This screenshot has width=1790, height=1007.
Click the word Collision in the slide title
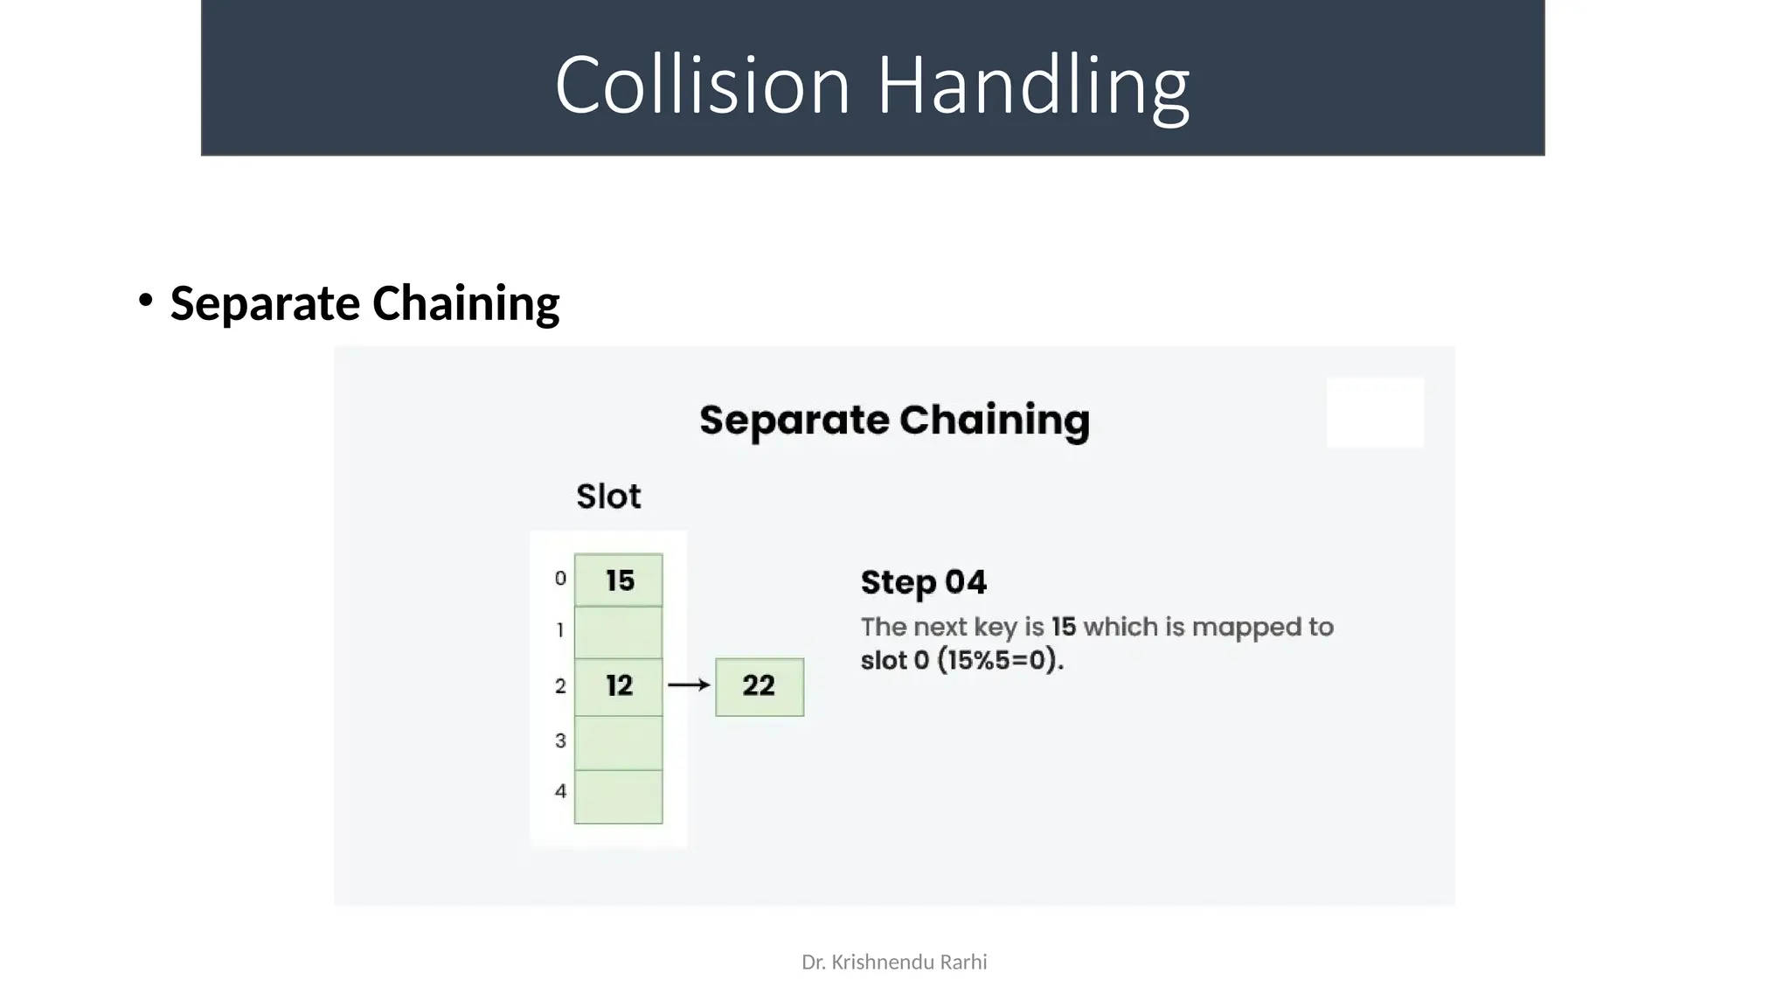coord(702,85)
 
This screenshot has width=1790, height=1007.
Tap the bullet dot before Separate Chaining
coord(145,301)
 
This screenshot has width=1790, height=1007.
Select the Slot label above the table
coord(608,497)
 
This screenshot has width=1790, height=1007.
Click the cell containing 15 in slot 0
coord(619,580)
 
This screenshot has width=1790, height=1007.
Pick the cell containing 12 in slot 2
coord(619,686)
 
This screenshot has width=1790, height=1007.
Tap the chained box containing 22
coord(760,686)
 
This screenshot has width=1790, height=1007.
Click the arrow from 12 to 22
coord(689,685)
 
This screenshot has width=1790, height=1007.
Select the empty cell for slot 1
coord(619,632)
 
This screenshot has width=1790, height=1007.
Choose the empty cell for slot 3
coord(619,742)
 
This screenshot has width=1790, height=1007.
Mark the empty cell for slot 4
coord(619,796)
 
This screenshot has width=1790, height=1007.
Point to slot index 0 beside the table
coord(560,579)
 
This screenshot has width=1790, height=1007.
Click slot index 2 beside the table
coord(560,686)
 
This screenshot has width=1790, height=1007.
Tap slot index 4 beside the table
coord(560,791)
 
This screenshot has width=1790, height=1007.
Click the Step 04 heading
coord(923,582)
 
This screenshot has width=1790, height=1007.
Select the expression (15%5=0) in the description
coord(1000,660)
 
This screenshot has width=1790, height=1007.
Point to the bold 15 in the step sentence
coord(1064,627)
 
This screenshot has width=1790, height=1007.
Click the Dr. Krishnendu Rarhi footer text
coord(894,962)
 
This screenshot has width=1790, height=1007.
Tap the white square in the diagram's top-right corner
coord(1375,413)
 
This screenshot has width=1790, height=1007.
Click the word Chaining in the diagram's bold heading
coord(994,420)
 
